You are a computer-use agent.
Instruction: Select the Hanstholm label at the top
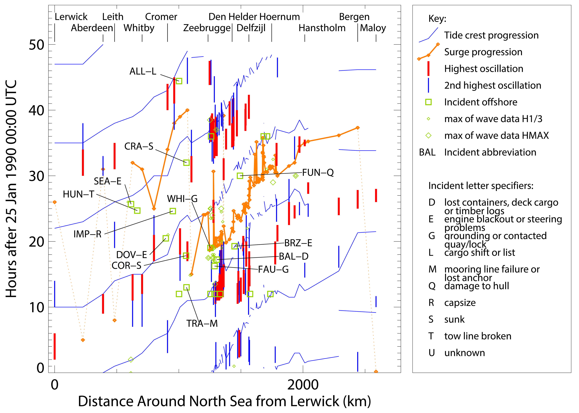pyautogui.click(x=322, y=28)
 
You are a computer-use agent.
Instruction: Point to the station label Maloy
pyautogui.click(x=373, y=28)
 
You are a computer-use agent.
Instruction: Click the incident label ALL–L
pyautogui.click(x=143, y=71)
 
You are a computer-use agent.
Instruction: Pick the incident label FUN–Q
pyautogui.click(x=318, y=173)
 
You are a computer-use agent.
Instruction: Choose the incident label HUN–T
pyautogui.click(x=79, y=194)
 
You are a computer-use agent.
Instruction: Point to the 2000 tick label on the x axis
pyautogui.click(x=303, y=385)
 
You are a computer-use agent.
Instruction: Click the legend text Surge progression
pyautogui.click(x=483, y=52)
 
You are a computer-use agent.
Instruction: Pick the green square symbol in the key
pyautogui.click(x=429, y=102)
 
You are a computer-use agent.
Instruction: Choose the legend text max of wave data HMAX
pyautogui.click(x=496, y=136)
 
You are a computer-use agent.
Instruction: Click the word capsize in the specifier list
pyautogui.click(x=460, y=303)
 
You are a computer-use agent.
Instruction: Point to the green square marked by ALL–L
pyautogui.click(x=179, y=81)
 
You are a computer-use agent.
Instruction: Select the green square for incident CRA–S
pyautogui.click(x=186, y=163)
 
